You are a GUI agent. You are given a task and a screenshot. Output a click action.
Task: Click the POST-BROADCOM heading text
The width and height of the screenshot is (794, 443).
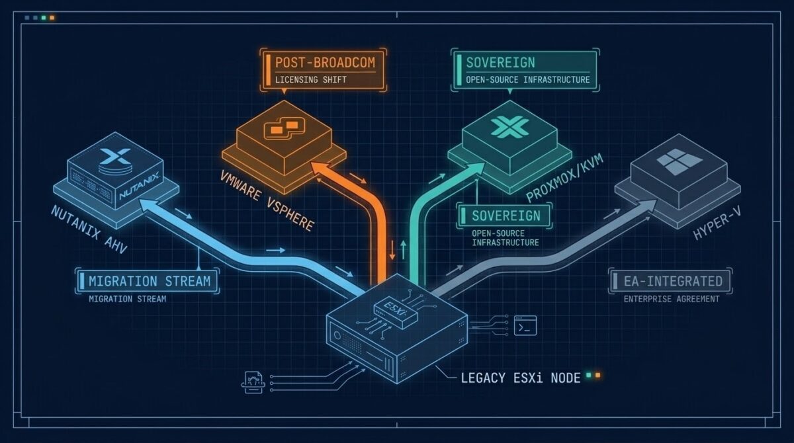coord(325,63)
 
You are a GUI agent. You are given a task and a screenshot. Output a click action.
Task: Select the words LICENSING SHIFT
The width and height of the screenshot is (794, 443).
coord(311,80)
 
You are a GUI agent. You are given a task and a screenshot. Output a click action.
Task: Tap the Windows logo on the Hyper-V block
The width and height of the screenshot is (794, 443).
coord(679,161)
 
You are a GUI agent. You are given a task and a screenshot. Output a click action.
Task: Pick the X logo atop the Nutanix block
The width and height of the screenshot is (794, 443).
coord(115,156)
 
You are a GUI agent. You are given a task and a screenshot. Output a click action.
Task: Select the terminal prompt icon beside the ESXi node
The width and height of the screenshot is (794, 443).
coord(525,325)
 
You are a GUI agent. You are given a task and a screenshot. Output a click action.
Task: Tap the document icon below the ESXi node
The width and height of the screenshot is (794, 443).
coord(253,382)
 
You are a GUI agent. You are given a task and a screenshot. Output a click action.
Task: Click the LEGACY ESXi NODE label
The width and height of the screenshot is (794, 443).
coord(520,378)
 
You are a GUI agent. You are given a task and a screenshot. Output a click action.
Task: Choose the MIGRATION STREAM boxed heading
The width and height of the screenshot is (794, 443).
coord(150,281)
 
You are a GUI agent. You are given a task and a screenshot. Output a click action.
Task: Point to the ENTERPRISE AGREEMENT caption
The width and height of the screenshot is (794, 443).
coord(672,300)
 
